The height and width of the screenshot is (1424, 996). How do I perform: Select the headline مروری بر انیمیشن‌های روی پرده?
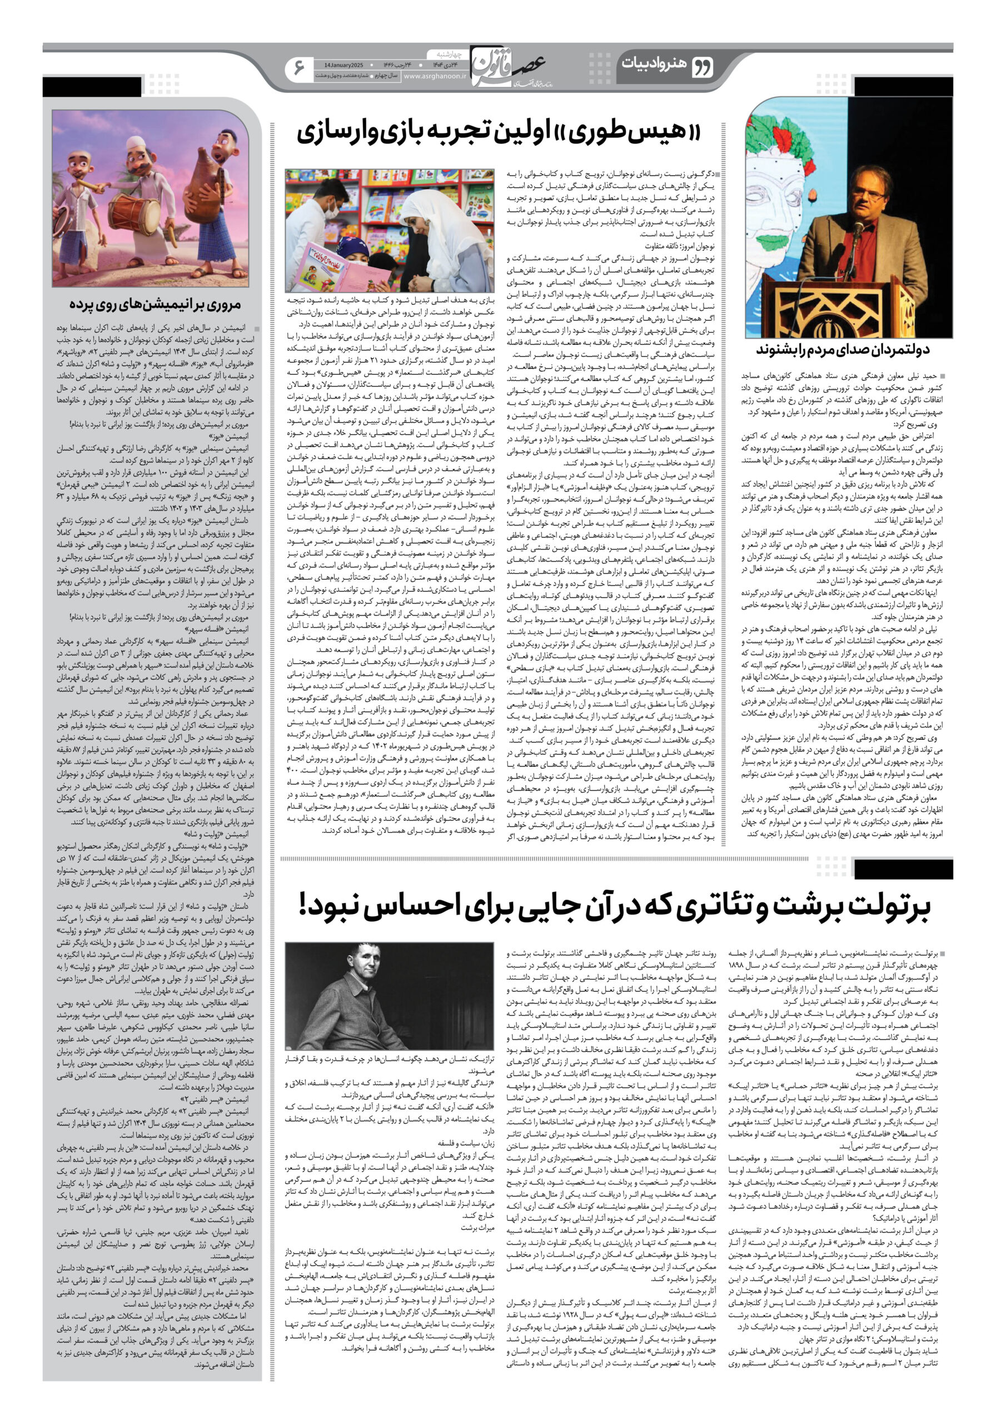click(x=155, y=304)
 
